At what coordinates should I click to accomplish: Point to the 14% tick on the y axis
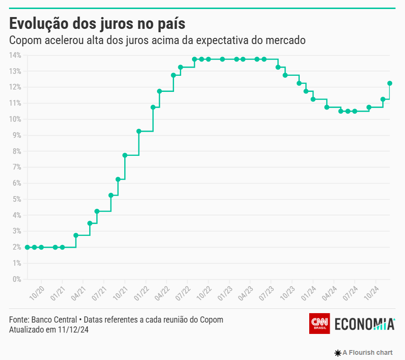16,55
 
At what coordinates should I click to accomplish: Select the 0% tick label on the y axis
17,279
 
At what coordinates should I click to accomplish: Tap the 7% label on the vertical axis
17,167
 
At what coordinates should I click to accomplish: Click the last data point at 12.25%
390,83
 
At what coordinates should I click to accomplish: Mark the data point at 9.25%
139,131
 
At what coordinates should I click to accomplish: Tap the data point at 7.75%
125,155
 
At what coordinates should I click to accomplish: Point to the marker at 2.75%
76,235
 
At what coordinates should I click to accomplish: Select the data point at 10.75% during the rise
153,107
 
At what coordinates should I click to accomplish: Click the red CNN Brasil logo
319,324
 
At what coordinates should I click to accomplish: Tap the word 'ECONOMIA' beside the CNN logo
364,324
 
